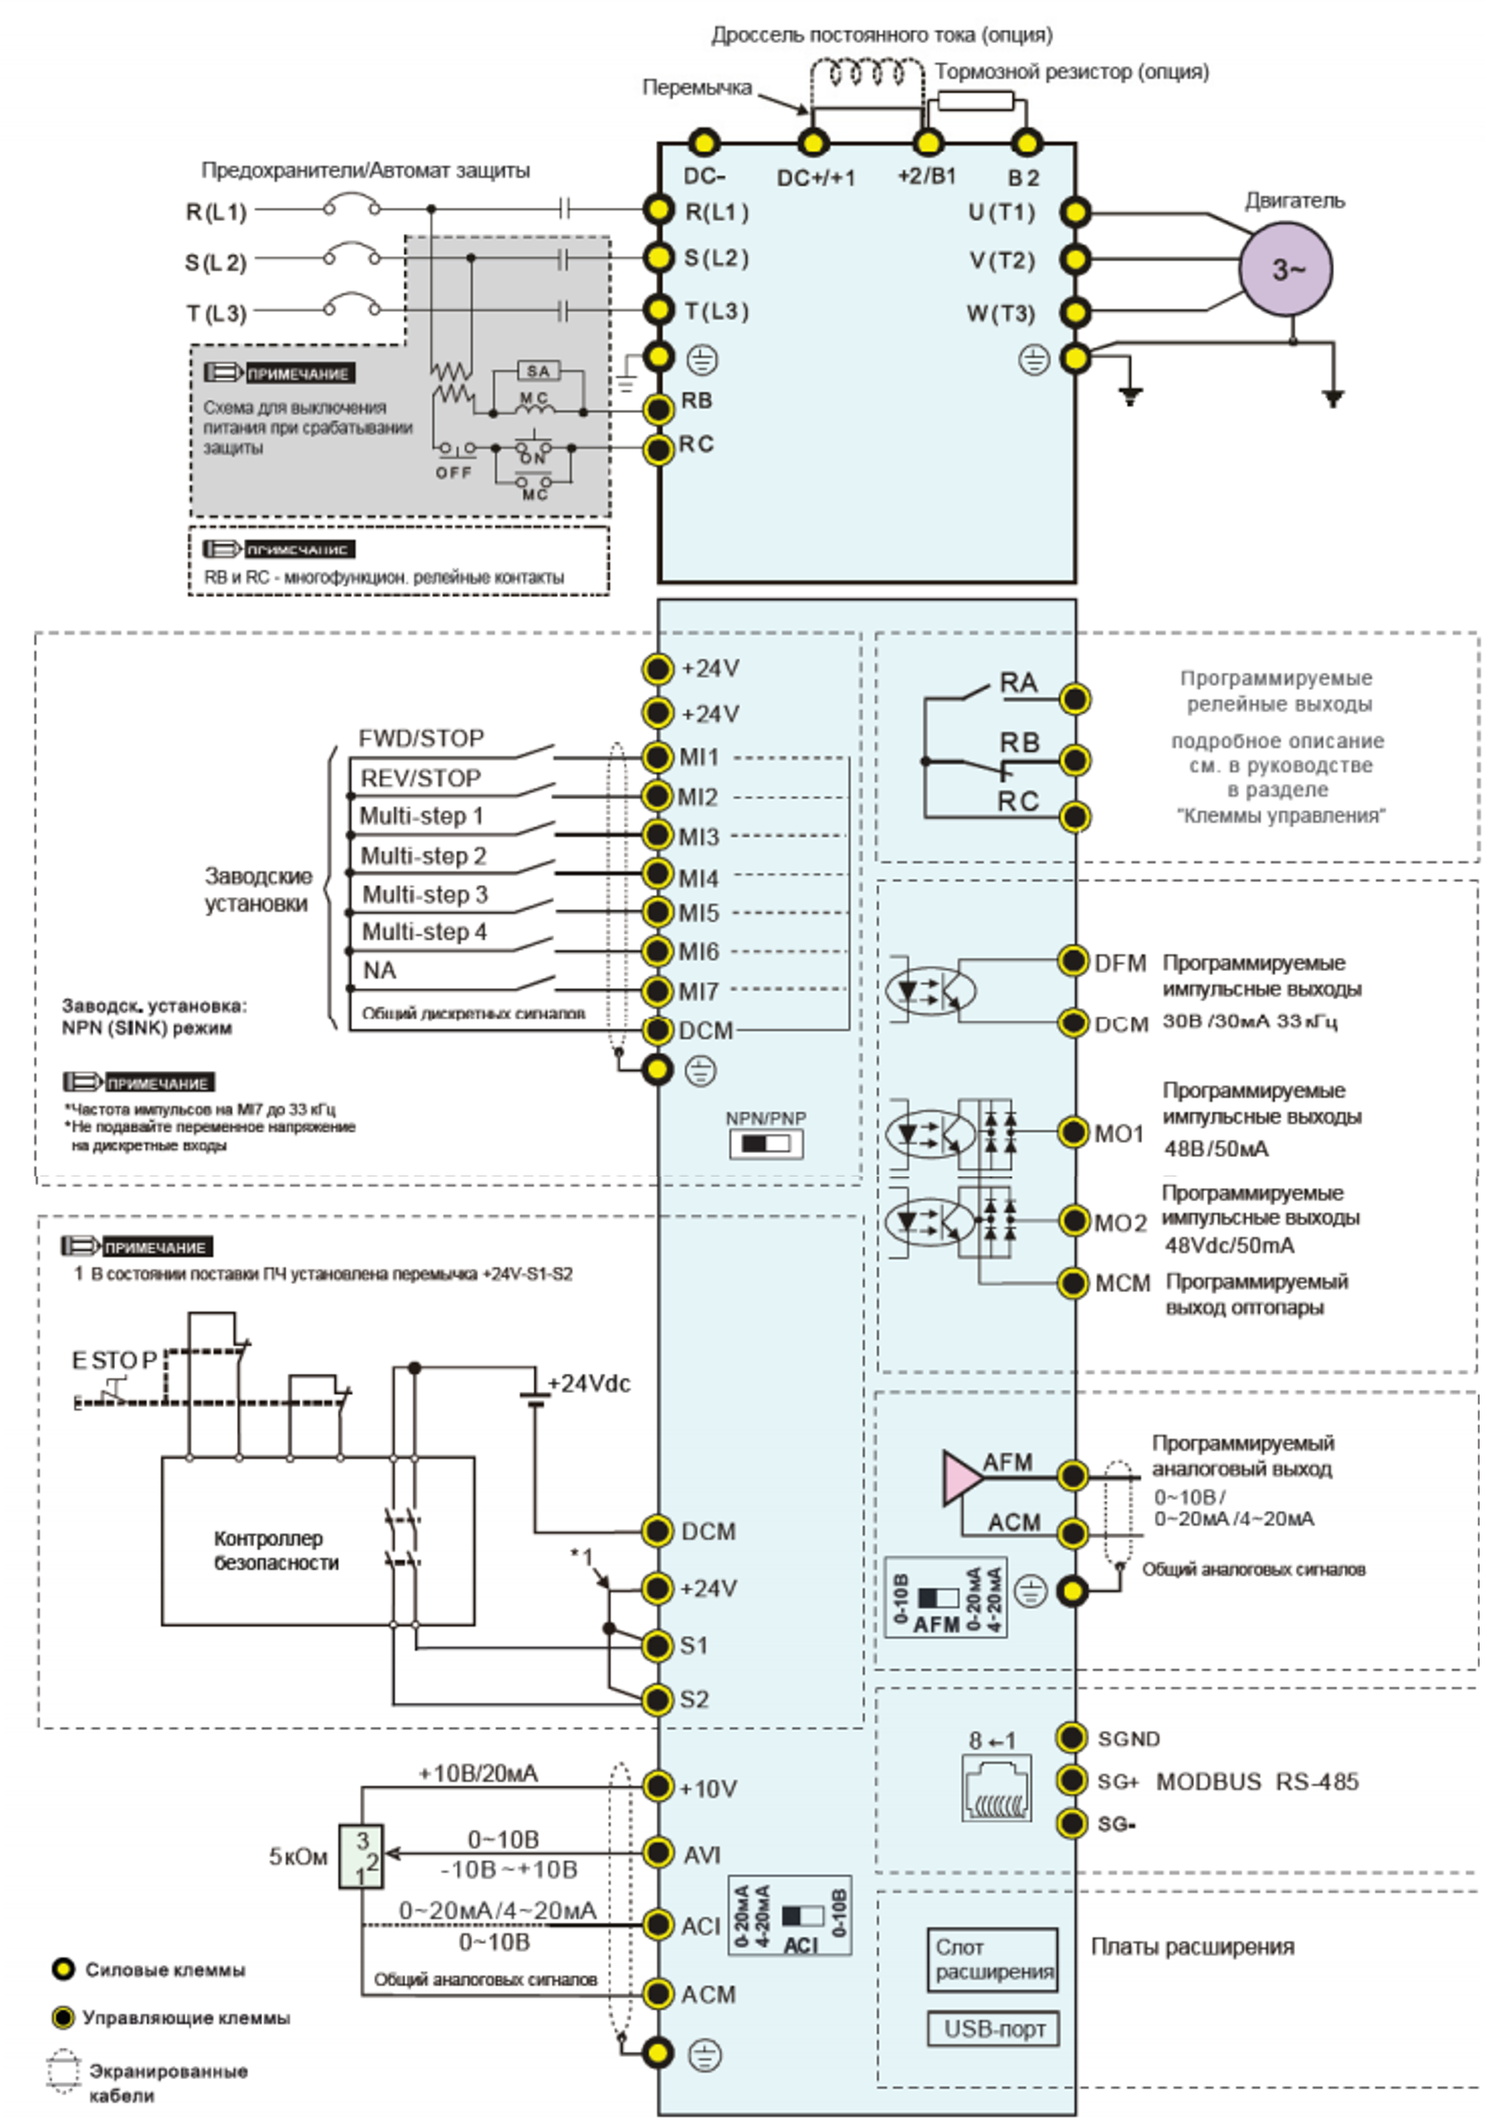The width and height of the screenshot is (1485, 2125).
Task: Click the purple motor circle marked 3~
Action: click(1286, 269)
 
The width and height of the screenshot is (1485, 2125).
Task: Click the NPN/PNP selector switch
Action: click(766, 1144)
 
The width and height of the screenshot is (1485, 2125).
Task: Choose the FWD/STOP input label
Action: click(421, 738)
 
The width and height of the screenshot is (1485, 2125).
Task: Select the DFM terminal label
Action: click(1121, 963)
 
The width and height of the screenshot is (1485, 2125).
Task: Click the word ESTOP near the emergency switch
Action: click(115, 1360)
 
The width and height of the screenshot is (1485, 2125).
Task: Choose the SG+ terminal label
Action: click(1118, 1782)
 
